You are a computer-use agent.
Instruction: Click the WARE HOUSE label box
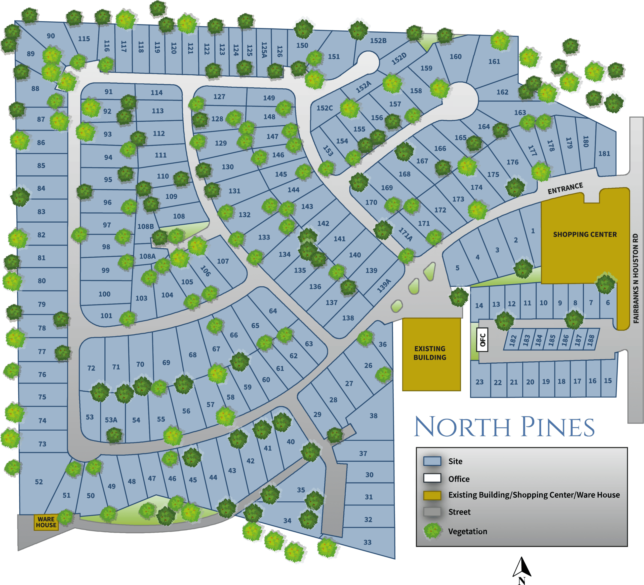pyautogui.click(x=46, y=522)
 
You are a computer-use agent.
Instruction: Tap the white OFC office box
pyautogui.click(x=482, y=339)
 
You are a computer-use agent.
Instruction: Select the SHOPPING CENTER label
pyautogui.click(x=585, y=234)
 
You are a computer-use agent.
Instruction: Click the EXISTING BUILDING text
pyautogui.click(x=430, y=353)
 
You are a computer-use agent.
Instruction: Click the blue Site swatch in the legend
pyautogui.click(x=432, y=461)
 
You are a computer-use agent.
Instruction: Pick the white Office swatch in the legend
pyautogui.click(x=432, y=478)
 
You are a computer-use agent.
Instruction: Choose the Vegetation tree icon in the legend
pyautogui.click(x=432, y=531)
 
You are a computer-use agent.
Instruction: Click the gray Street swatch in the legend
pyautogui.click(x=432, y=512)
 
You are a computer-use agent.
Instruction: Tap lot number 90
pyautogui.click(x=51, y=36)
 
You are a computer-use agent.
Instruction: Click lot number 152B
pyautogui.click(x=378, y=41)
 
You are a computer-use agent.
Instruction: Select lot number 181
pyautogui.click(x=604, y=154)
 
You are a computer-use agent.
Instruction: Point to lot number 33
pyautogui.click(x=367, y=542)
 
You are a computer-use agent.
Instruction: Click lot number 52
pyautogui.click(x=39, y=482)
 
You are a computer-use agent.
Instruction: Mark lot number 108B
pyautogui.click(x=145, y=226)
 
